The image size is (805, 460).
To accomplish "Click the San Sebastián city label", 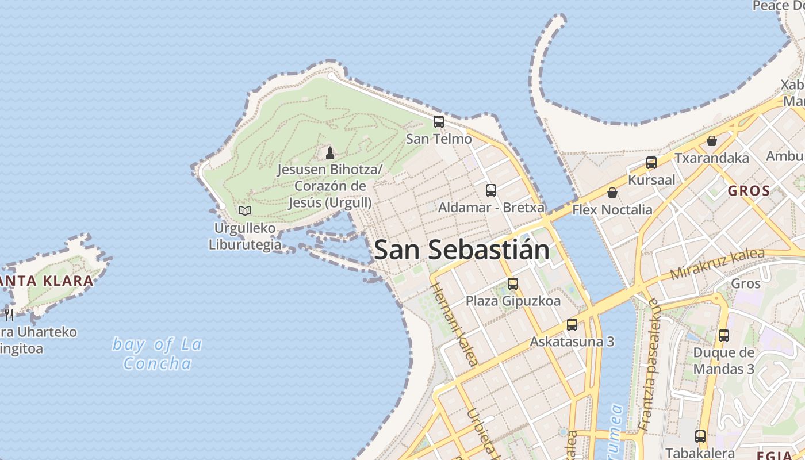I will point(462,250).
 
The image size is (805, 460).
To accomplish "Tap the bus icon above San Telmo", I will point(439,122).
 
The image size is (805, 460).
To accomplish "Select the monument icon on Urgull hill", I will point(330,152).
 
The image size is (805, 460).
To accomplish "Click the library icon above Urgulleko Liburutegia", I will point(245,210).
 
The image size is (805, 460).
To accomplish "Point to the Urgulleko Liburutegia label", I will point(245,236).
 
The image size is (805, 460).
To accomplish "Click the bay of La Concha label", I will point(157,354).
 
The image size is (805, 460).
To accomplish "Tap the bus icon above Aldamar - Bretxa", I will point(491,190).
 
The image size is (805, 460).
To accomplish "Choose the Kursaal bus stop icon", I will point(651,163).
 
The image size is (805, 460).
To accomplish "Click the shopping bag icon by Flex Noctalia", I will point(612,193).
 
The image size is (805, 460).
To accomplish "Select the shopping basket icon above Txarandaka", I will point(712,141).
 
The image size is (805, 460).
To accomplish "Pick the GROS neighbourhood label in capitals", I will point(749,191).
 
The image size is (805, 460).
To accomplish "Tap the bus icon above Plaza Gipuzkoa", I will point(513,283).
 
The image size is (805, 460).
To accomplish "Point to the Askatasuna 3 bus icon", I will point(572,325).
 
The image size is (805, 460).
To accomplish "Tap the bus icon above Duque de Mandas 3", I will point(724,336).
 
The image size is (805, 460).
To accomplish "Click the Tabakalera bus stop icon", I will point(700,436).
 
